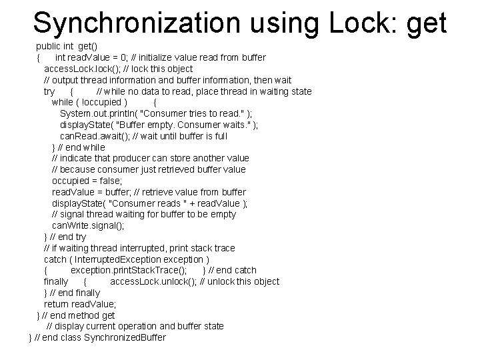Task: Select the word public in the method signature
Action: coord(49,46)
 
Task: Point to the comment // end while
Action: coord(81,147)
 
